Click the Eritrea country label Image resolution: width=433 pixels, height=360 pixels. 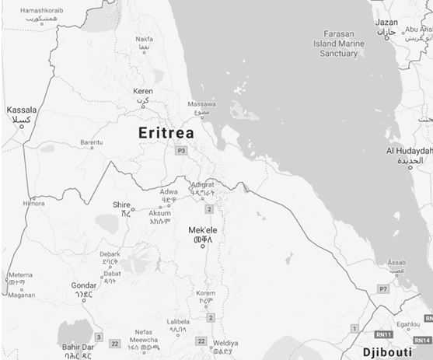(x=166, y=133)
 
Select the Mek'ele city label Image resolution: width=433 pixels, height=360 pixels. (x=202, y=231)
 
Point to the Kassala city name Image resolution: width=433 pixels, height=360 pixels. (x=21, y=110)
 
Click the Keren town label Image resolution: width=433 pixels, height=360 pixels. (x=142, y=91)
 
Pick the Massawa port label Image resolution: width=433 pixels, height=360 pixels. (x=201, y=103)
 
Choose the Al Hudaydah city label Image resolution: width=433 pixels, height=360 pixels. (x=409, y=150)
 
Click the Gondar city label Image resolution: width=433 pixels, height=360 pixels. (x=83, y=285)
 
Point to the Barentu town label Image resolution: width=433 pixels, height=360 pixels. (x=91, y=142)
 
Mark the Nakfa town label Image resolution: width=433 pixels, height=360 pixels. (x=144, y=39)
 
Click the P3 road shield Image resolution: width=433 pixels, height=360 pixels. (x=181, y=149)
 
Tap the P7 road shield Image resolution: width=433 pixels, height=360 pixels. (x=382, y=288)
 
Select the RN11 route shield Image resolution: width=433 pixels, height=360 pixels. (x=382, y=335)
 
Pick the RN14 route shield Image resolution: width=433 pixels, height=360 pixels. (x=422, y=341)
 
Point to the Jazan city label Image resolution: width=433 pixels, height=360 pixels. (x=386, y=23)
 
